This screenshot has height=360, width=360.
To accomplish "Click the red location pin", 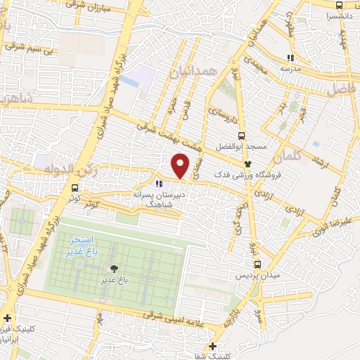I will pos(181,165).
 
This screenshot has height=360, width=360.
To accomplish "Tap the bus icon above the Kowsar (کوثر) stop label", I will pos(75,187).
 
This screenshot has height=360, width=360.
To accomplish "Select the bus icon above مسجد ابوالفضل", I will pos(241,136).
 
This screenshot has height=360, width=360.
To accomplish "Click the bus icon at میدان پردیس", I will pos(257,264).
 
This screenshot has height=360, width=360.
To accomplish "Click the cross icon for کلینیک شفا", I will pos(213,346).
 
